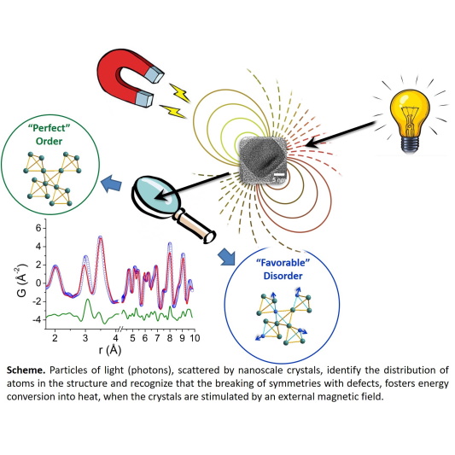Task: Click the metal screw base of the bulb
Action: coord(409,143)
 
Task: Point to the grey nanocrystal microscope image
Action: coord(264,160)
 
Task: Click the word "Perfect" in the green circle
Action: coord(50,128)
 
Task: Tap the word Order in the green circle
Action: coord(49,142)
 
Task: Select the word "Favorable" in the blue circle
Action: coord(283,263)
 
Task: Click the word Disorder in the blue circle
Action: coord(283,276)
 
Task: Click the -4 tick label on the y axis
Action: coord(36,320)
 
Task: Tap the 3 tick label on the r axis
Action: coord(85,338)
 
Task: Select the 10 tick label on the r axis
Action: coord(195,338)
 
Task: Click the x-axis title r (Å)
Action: coord(109,351)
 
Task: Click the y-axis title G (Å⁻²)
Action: coord(21,280)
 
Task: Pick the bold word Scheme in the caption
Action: coord(26,370)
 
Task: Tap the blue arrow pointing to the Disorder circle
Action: coord(227,256)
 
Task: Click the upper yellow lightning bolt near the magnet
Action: coord(180,92)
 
